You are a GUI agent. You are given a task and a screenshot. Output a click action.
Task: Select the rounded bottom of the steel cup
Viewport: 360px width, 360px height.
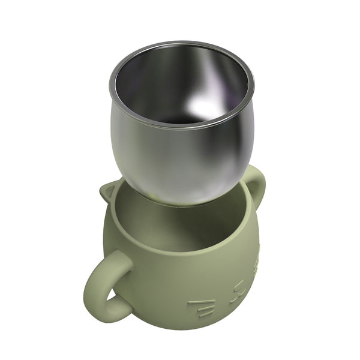tap(180, 195)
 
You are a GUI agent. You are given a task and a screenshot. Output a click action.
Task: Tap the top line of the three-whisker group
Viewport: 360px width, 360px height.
tap(200, 300)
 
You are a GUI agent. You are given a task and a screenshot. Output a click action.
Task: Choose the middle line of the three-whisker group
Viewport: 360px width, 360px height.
tap(203, 307)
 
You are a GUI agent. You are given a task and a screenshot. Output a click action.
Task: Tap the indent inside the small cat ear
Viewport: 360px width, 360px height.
tap(110, 194)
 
